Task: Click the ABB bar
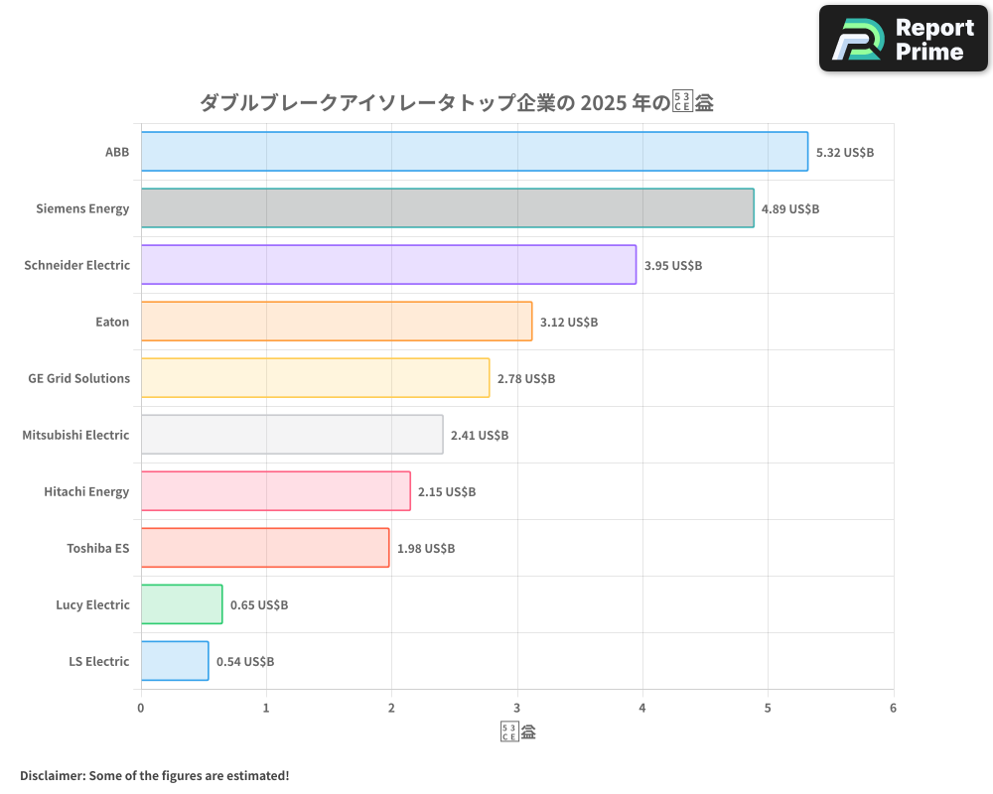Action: (474, 152)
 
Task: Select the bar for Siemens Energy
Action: (447, 208)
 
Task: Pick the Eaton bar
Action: (336, 322)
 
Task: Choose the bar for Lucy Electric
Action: (182, 604)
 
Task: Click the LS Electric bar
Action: (175, 661)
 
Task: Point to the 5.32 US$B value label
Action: (844, 152)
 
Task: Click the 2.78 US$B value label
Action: (526, 378)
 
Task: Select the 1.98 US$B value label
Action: (426, 548)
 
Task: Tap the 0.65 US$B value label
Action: (259, 604)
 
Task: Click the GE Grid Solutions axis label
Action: (79, 378)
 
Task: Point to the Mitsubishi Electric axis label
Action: (75, 435)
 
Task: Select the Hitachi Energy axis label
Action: (86, 491)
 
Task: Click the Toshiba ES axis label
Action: (97, 548)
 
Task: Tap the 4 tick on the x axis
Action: (642, 708)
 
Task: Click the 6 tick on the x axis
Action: (893, 708)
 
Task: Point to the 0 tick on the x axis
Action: (141, 708)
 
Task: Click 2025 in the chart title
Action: (603, 102)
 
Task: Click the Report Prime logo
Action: (904, 39)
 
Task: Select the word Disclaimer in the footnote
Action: (52, 775)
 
